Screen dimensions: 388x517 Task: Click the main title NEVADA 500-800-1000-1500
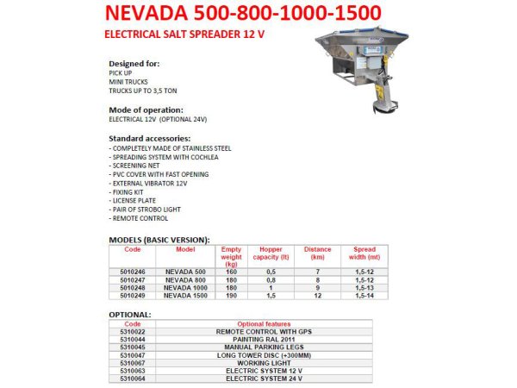pyautogui.click(x=241, y=16)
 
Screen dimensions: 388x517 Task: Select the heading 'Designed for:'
pyautogui.click(x=134, y=65)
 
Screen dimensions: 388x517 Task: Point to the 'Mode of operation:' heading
pyautogui.click(x=146, y=110)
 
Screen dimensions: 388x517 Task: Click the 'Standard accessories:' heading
pyautogui.click(x=150, y=138)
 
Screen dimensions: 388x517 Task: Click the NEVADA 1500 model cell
pyautogui.click(x=185, y=295)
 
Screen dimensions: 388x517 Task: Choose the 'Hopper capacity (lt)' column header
pyautogui.click(x=265, y=253)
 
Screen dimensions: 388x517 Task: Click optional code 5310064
pyautogui.click(x=132, y=378)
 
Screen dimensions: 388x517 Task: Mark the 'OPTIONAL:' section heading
pyautogui.click(x=130, y=315)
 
